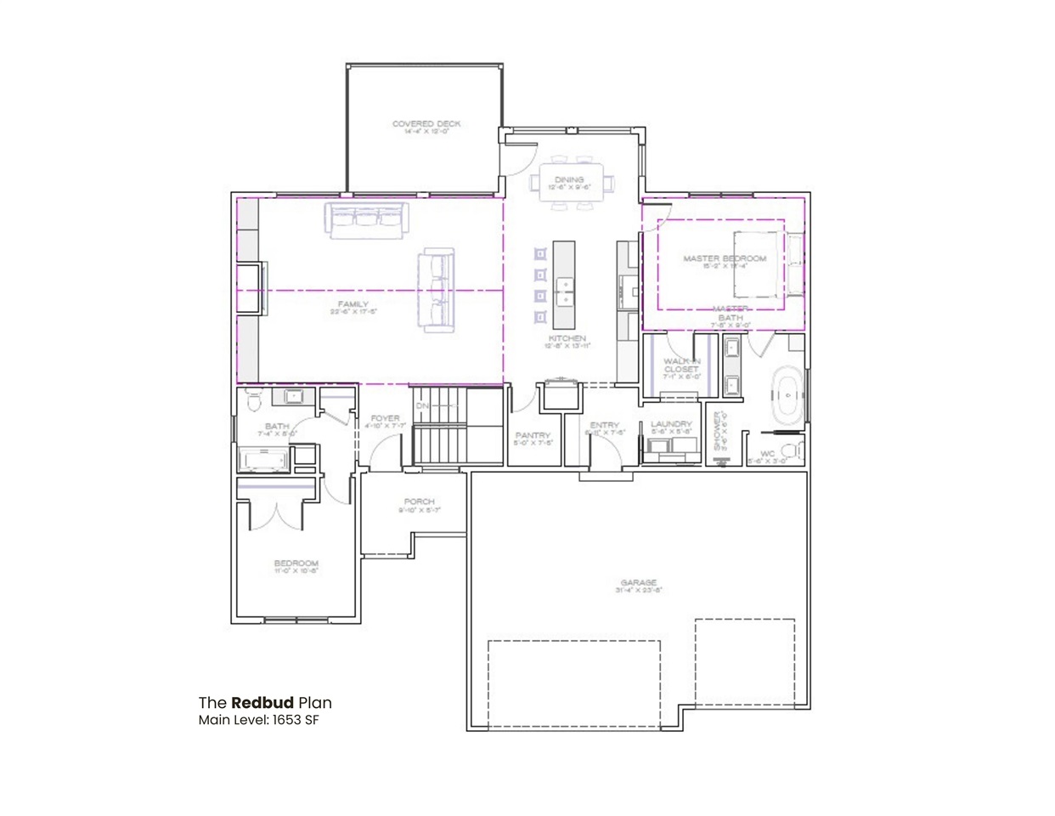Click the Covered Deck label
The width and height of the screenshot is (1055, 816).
(426, 124)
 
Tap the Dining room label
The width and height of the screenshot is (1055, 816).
(569, 179)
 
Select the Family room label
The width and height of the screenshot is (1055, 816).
(353, 304)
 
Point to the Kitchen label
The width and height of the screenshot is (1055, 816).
(567, 338)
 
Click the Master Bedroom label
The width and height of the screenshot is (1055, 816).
(725, 258)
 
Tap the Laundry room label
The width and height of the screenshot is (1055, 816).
(671, 424)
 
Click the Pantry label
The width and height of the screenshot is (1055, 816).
(533, 435)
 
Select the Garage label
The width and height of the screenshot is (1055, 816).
(638, 582)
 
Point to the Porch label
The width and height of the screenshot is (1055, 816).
(420, 502)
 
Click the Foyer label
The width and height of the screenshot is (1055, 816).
(385, 418)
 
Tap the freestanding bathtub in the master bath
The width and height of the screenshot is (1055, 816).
(787, 395)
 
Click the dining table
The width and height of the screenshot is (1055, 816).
(569, 182)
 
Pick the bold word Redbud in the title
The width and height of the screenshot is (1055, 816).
(262, 703)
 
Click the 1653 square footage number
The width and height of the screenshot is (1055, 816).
(289, 721)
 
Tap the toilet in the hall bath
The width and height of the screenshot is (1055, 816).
(254, 400)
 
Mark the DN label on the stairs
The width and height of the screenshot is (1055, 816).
(423, 406)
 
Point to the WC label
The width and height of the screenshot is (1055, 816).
(767, 453)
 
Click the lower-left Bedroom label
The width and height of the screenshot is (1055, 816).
(296, 564)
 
